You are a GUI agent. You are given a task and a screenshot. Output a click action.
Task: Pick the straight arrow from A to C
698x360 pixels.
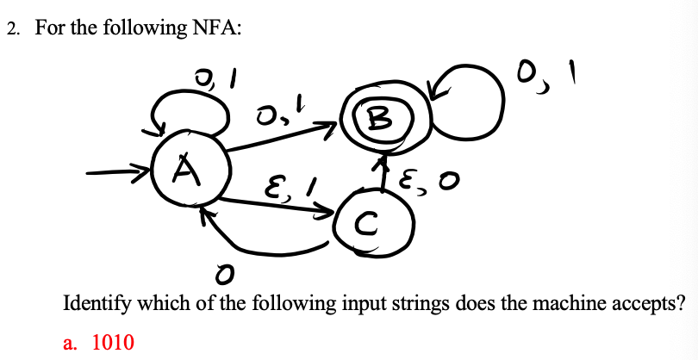pos(276,203)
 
